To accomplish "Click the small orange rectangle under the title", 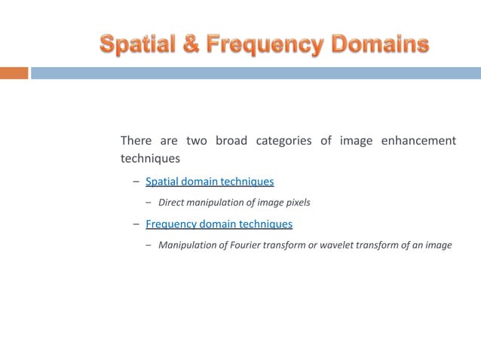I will pos(14,73).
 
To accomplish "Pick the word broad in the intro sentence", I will pos(231,141).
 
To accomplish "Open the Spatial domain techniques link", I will pos(209,182).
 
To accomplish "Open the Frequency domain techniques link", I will pos(219,224).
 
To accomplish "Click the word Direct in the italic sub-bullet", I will pos(172,203).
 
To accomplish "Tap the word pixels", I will pos(296,203).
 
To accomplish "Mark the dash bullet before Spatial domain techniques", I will pos(136,182).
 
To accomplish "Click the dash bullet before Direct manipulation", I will pos(149,203).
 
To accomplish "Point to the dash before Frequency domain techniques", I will pos(136,224).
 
